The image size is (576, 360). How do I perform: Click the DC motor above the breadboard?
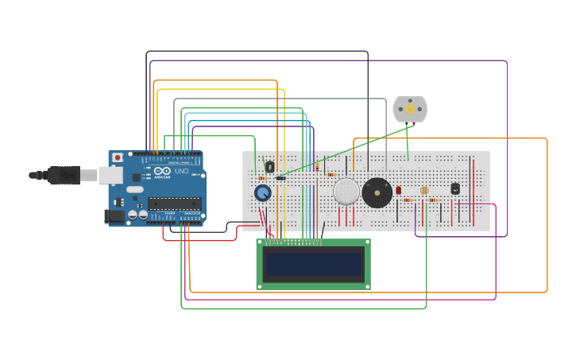tap(410, 110)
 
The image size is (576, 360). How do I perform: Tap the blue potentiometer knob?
tap(263, 193)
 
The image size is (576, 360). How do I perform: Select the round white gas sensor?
tap(346, 192)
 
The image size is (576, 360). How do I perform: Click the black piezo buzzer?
tap(377, 193)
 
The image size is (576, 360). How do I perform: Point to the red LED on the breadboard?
tap(399, 190)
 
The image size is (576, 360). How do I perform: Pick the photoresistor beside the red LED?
tap(424, 191)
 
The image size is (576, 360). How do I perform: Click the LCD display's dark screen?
tap(314, 263)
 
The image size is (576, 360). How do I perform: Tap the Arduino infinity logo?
tap(162, 171)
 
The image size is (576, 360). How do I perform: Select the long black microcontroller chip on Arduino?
tap(173, 203)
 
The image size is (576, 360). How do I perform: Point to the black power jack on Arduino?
tap(114, 216)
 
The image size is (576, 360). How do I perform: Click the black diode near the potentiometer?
tap(280, 178)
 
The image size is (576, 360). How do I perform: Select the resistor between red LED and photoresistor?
tap(408, 200)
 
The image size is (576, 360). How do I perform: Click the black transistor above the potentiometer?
tap(269, 167)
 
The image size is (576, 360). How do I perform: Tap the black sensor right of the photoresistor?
tap(455, 188)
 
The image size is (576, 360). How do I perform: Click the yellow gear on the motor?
tap(410, 108)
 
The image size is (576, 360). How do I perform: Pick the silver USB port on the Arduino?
tap(109, 175)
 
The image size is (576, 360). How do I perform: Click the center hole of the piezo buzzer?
tap(377, 193)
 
